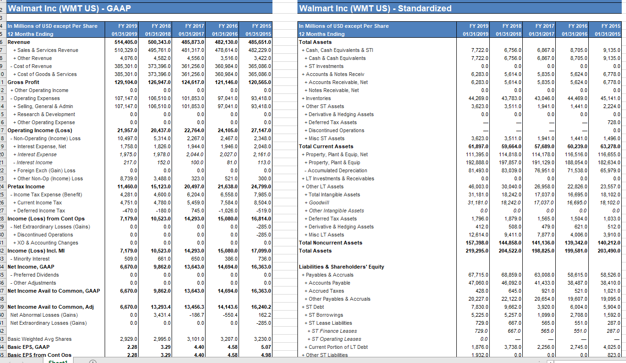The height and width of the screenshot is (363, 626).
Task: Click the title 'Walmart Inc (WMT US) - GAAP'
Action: [x=70, y=8]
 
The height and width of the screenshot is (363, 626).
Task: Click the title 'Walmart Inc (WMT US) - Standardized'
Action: [x=375, y=8]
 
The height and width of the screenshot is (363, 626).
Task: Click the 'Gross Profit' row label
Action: [x=22, y=82]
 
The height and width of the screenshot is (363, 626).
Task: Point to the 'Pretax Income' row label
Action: [x=26, y=186]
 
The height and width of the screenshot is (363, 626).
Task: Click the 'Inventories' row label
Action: [x=318, y=98]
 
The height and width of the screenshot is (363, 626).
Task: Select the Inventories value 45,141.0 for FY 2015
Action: [x=609, y=98]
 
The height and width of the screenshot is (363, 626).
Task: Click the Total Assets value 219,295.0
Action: [x=477, y=251]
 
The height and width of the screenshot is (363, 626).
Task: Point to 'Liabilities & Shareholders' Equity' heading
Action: [x=341, y=267]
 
